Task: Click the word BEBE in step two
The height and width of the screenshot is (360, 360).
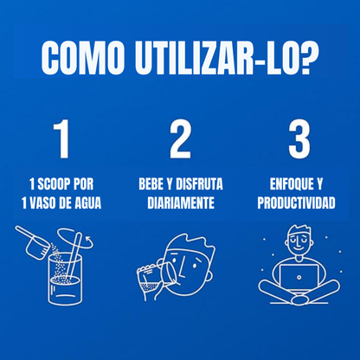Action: point(153,184)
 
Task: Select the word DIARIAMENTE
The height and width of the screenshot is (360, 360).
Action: point(180,202)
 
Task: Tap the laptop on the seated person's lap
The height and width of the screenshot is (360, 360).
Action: point(298,273)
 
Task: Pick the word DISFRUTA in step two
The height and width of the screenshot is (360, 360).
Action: point(202,184)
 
